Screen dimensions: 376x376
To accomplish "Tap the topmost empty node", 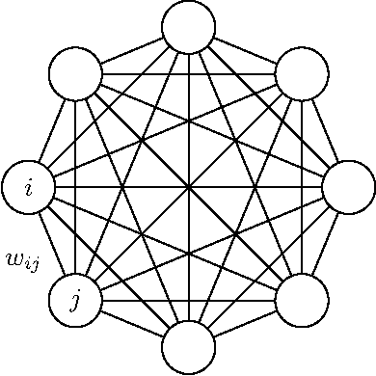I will (189, 26).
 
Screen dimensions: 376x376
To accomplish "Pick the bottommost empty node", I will (189, 346).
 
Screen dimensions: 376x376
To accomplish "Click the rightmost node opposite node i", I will (348, 187).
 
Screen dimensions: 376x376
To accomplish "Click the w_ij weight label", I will (22, 257).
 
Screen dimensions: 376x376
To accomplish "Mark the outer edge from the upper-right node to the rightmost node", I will (325, 130).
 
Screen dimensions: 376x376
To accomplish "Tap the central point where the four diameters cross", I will (189, 187).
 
